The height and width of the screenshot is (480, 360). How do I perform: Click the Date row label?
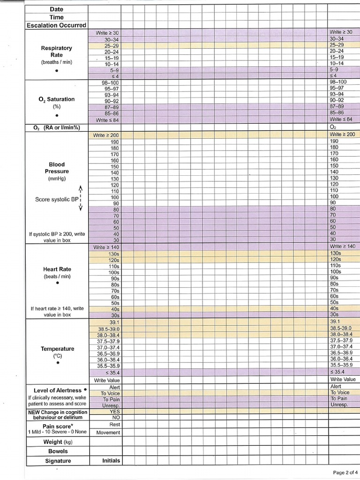(x=57, y=9)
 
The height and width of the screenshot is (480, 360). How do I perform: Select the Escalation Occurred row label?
(x=57, y=25)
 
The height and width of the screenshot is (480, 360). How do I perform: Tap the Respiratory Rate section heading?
(x=57, y=51)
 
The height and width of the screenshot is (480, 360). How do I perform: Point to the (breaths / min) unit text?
(x=57, y=62)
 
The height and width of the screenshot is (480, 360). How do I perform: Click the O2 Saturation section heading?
(x=57, y=99)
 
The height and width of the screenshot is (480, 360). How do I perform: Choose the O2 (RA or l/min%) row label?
(x=57, y=127)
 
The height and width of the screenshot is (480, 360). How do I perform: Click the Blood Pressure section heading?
(x=57, y=168)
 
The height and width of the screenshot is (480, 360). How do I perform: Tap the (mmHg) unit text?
(x=57, y=179)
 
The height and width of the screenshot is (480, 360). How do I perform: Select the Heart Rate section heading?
(x=57, y=269)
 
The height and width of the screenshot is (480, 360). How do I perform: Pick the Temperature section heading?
(x=57, y=349)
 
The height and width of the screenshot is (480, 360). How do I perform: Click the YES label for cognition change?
(x=114, y=411)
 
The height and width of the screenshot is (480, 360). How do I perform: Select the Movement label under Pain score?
(x=108, y=432)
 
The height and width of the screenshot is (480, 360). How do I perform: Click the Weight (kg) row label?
(x=57, y=442)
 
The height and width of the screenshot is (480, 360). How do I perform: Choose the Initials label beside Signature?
(x=111, y=460)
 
